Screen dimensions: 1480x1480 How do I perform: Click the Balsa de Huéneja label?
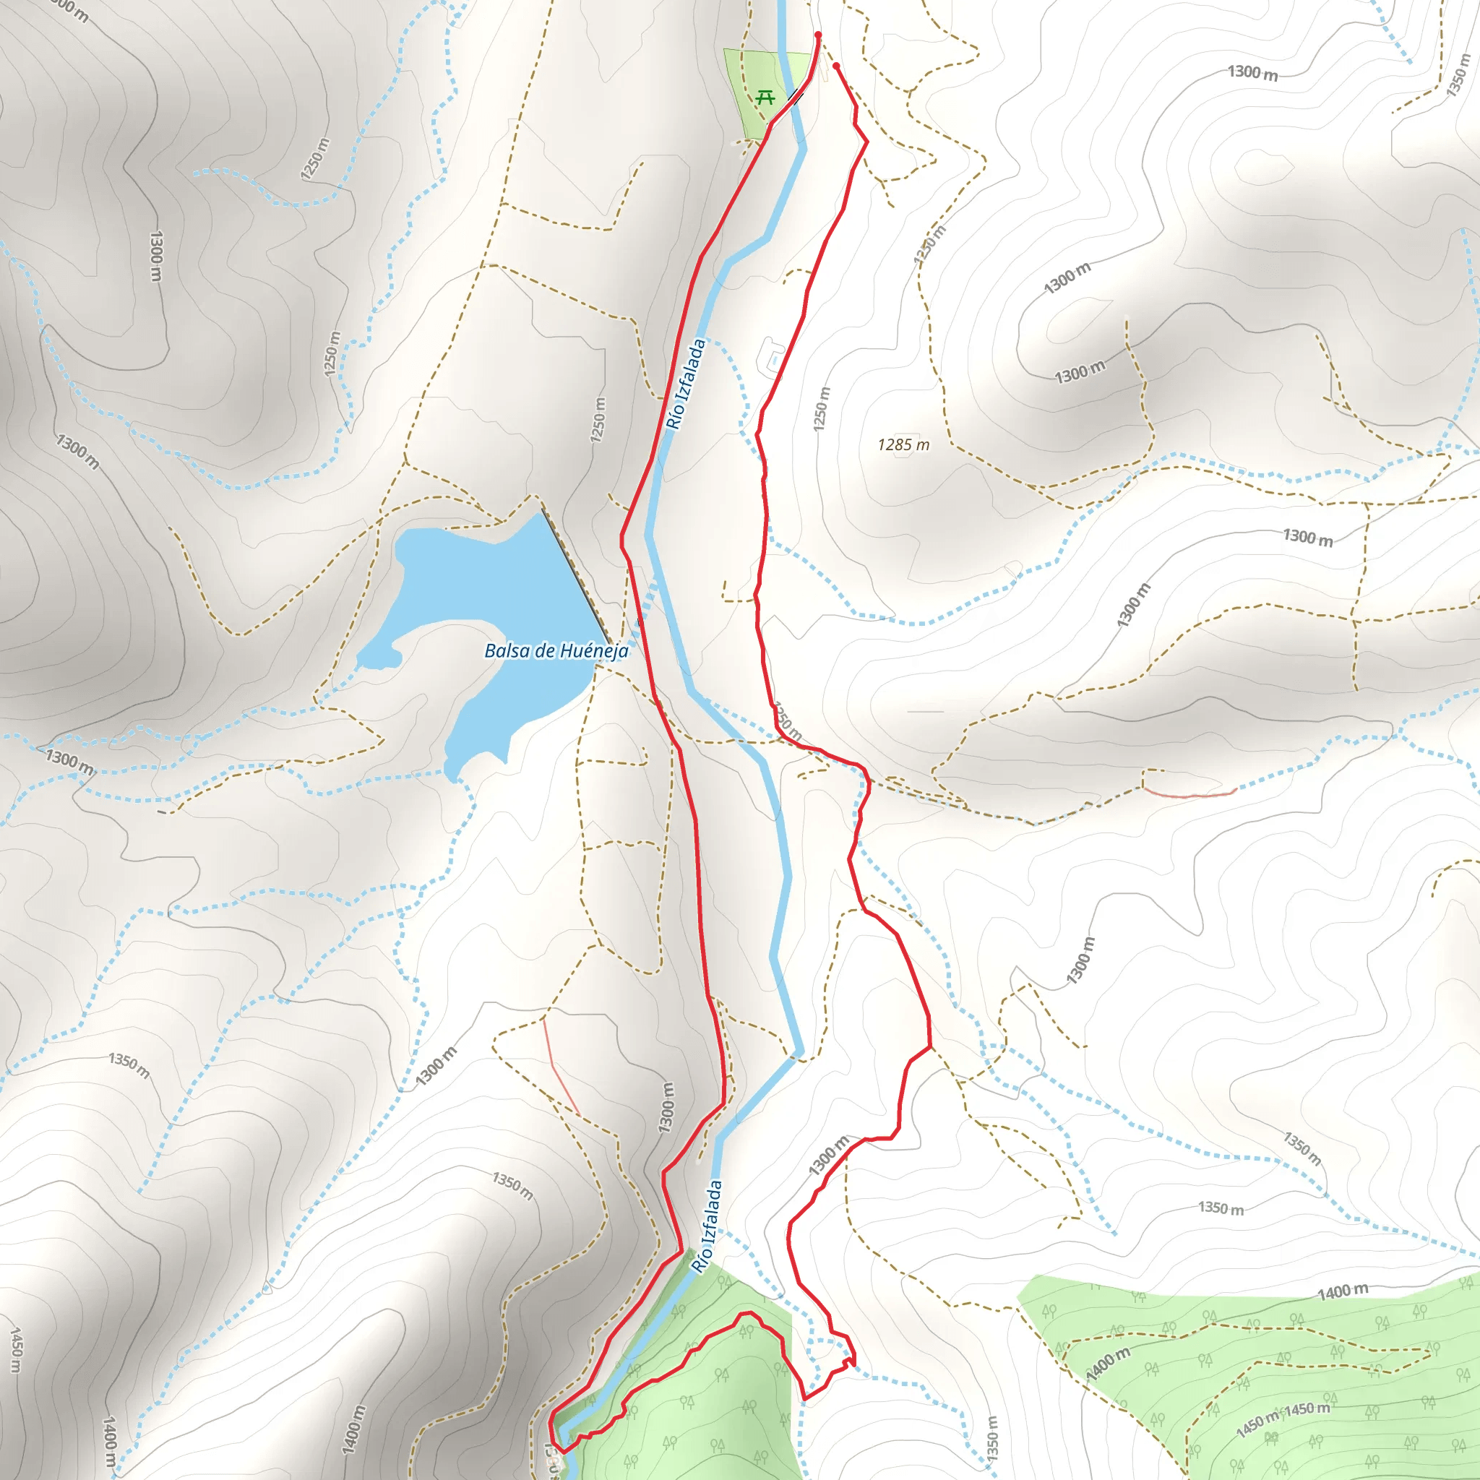tap(556, 651)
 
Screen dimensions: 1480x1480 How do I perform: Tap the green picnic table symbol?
tap(765, 98)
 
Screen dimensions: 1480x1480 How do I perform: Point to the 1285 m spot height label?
tap(903, 445)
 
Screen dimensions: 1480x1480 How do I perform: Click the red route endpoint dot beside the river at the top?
tap(818, 35)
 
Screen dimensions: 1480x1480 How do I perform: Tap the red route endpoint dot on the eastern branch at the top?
tap(836, 66)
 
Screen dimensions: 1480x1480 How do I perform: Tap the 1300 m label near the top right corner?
tap(1252, 73)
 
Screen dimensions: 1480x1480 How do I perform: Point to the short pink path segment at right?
tap(1189, 793)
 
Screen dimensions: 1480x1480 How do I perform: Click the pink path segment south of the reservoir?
tap(561, 1064)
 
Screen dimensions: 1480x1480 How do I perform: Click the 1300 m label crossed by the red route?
tap(829, 1156)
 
